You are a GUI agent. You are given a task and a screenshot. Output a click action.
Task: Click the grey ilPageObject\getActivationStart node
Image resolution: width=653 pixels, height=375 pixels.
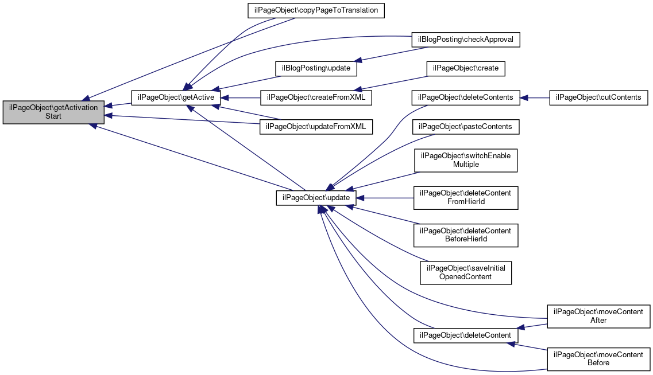(53, 112)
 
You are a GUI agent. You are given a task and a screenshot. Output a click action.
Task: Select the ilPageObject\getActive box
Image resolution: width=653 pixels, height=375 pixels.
(176, 97)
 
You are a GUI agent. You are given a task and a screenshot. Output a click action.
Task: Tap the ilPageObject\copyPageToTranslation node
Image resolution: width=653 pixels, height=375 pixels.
(316, 10)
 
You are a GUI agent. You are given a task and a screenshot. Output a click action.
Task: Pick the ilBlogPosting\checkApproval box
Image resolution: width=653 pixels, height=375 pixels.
(466, 40)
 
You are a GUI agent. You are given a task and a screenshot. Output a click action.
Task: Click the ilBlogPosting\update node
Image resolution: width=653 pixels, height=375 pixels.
(316, 68)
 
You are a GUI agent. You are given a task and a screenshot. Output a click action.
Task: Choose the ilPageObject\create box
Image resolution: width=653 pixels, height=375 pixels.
(466, 68)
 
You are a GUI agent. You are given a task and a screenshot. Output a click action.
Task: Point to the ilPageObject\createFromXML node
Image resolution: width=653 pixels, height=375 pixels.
(316, 97)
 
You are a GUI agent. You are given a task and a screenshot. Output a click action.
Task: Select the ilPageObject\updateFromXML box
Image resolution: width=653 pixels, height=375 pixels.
(316, 126)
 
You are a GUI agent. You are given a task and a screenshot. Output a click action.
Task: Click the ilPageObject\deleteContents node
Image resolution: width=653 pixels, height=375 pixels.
(466, 97)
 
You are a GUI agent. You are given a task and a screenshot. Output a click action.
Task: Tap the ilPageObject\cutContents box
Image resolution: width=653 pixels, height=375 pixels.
(598, 97)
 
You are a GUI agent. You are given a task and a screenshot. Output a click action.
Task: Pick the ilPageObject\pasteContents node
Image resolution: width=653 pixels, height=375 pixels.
(466, 126)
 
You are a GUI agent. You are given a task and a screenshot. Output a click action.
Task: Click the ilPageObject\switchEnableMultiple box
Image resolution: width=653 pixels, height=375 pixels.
(466, 160)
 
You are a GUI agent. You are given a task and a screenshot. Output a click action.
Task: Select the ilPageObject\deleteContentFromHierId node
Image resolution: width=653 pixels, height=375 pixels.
(466, 197)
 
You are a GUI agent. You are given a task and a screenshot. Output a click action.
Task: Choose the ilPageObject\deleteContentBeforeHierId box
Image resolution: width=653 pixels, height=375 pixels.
(466, 235)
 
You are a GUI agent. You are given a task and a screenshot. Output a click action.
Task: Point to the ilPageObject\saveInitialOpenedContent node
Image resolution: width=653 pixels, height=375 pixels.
(466, 273)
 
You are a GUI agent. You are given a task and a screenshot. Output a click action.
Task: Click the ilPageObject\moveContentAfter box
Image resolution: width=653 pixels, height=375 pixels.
(598, 316)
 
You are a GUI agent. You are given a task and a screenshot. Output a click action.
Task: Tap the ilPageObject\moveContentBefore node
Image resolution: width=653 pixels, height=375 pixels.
(598, 359)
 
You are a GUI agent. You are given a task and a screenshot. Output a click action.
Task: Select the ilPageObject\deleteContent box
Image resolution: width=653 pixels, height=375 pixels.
(465, 335)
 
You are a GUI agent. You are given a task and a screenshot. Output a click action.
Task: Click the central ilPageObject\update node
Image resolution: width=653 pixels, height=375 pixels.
(316, 197)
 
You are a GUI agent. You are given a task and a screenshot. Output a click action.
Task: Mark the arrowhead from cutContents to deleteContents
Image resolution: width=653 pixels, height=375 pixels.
(524, 97)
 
